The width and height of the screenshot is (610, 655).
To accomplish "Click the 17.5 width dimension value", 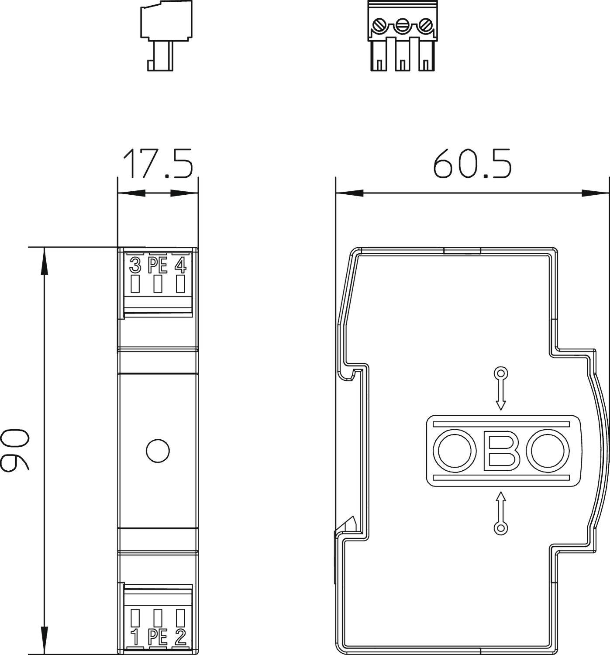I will [158, 164].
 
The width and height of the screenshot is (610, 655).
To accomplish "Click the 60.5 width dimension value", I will [472, 164].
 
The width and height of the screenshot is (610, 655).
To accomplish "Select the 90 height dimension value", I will [15, 450].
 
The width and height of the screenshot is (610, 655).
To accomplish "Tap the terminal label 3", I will [136, 265].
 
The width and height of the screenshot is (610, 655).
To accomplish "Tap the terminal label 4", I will [180, 265].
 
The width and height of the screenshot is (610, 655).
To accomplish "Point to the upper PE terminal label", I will [158, 265].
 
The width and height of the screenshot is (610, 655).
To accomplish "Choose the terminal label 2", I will [180, 638].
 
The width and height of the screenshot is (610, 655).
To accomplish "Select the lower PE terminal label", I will [158, 638].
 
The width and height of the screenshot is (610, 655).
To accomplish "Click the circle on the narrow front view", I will [158, 450].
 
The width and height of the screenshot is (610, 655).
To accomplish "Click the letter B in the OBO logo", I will [502, 451].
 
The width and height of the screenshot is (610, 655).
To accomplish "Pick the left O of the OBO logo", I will [454, 451].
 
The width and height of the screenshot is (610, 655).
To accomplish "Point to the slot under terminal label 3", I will [135, 284].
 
